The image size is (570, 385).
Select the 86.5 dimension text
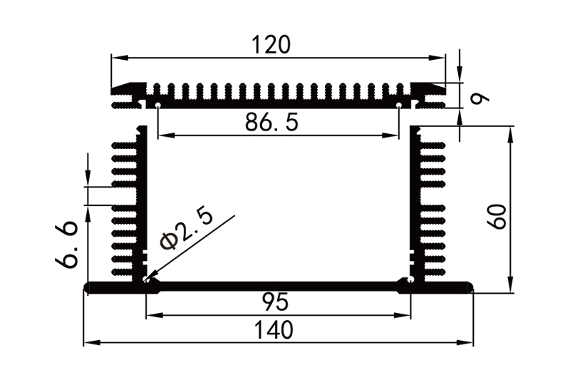point(271,122)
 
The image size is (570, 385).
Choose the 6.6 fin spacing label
point(68,245)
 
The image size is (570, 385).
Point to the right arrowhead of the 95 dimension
point(407,314)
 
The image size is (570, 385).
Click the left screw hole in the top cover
point(157,105)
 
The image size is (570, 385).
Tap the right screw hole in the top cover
point(400,105)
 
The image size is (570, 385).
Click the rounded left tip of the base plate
point(87,287)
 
